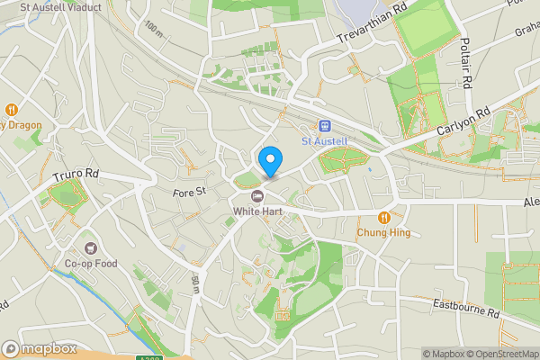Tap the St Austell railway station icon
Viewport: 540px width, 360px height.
(x=324, y=126)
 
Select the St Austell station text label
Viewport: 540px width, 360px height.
(x=324, y=141)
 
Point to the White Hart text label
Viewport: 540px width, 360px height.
(x=257, y=211)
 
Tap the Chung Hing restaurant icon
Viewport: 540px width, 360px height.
(x=384, y=217)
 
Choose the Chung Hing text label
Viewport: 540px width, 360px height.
(x=384, y=232)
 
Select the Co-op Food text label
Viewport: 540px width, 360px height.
(x=91, y=264)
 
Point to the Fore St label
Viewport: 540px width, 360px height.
(x=190, y=191)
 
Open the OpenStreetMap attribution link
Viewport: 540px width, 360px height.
(x=499, y=353)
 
